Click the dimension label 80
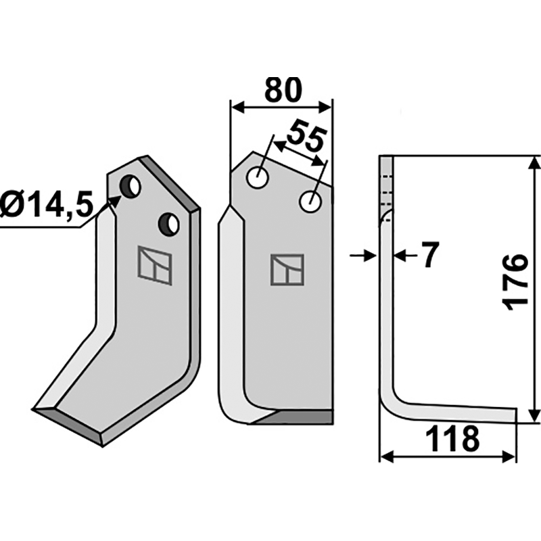point(282,90)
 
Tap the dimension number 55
point(306,135)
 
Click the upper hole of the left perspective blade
point(130,185)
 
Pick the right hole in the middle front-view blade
point(310,200)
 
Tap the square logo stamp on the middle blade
point(287,270)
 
